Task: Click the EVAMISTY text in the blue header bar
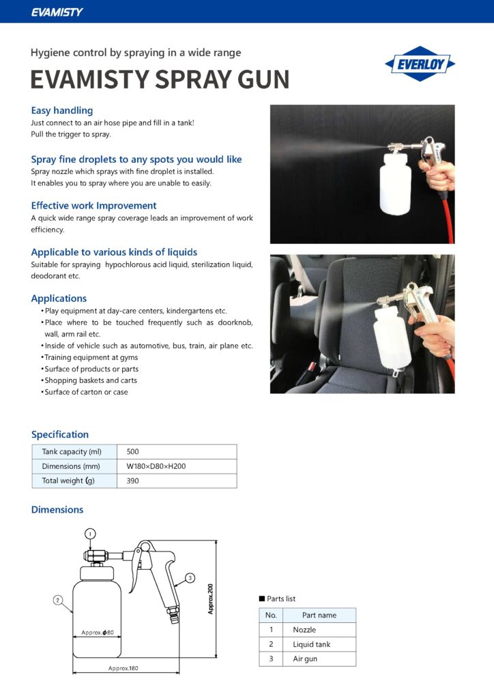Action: pyautogui.click(x=57, y=12)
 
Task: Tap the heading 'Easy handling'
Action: pyautogui.click(x=62, y=110)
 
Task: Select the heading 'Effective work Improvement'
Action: pyautogui.click(x=93, y=205)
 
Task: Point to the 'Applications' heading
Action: pyautogui.click(x=59, y=298)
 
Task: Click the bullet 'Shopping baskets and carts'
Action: pyautogui.click(x=90, y=380)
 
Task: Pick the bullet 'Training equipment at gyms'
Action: pyautogui.click(x=91, y=357)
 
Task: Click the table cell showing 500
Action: pyautogui.click(x=133, y=451)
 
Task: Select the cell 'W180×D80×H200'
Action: pyautogui.click(x=156, y=466)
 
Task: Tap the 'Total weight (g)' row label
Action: pyautogui.click(x=69, y=481)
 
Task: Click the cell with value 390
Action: pyautogui.click(x=133, y=481)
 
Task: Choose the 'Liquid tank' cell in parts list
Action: pyautogui.click(x=311, y=644)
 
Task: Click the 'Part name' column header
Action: pyautogui.click(x=319, y=615)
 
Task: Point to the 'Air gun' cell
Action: pyautogui.click(x=305, y=658)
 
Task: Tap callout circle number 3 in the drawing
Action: pyautogui.click(x=190, y=577)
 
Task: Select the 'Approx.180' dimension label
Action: pyautogui.click(x=123, y=668)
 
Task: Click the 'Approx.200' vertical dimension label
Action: pyautogui.click(x=211, y=598)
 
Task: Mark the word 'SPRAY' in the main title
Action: pyautogui.click(x=197, y=80)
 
